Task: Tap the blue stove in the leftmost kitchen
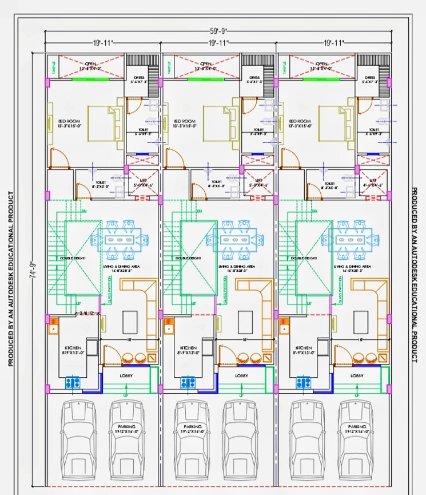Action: [x=72, y=382]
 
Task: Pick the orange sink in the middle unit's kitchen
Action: [x=169, y=328]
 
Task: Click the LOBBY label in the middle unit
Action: [x=241, y=375]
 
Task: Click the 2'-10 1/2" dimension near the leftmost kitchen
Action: [x=87, y=313]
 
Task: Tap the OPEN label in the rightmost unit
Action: [x=321, y=64]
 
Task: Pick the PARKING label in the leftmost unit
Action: [x=126, y=427]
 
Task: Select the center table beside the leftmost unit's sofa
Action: [x=129, y=318]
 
